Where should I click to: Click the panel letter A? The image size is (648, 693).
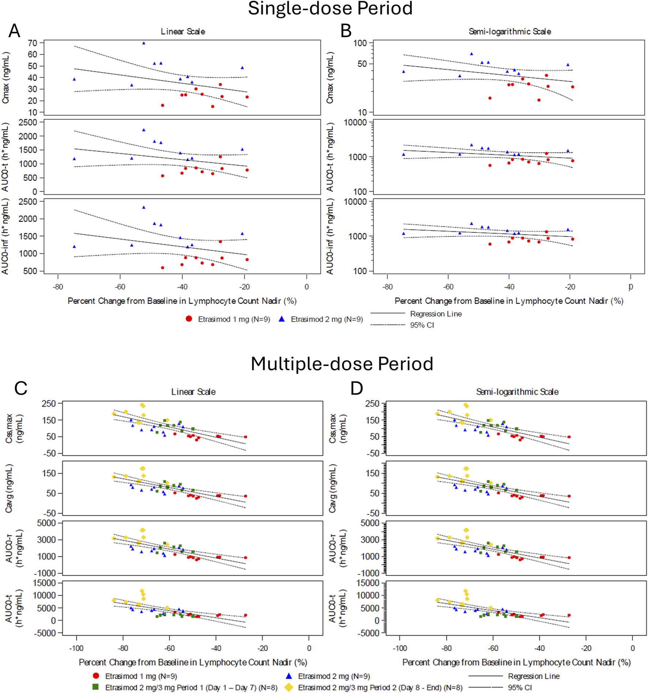click(x=14, y=31)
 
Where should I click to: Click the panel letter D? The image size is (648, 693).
click(x=356, y=389)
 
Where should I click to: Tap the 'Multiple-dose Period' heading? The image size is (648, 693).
click(x=342, y=364)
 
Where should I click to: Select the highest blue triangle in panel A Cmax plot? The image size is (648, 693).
click(x=144, y=43)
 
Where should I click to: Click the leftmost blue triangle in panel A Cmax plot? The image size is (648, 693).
click(x=74, y=79)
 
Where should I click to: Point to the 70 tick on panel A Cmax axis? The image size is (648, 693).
click(x=33, y=43)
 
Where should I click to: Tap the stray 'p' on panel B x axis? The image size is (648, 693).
click(x=630, y=286)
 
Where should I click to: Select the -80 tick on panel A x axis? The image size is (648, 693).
click(x=58, y=287)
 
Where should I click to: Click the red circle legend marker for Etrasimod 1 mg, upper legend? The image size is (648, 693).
click(x=189, y=319)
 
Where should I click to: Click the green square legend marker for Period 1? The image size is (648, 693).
click(x=96, y=687)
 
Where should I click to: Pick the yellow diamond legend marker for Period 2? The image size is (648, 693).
click(x=289, y=687)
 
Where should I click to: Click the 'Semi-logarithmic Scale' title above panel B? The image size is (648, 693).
click(x=509, y=32)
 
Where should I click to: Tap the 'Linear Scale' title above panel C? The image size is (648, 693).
click(x=193, y=392)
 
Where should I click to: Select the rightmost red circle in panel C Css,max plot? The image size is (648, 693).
click(x=246, y=437)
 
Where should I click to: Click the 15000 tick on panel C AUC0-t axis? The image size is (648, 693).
click(x=45, y=583)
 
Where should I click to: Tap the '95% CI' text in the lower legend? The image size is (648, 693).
click(x=520, y=688)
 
